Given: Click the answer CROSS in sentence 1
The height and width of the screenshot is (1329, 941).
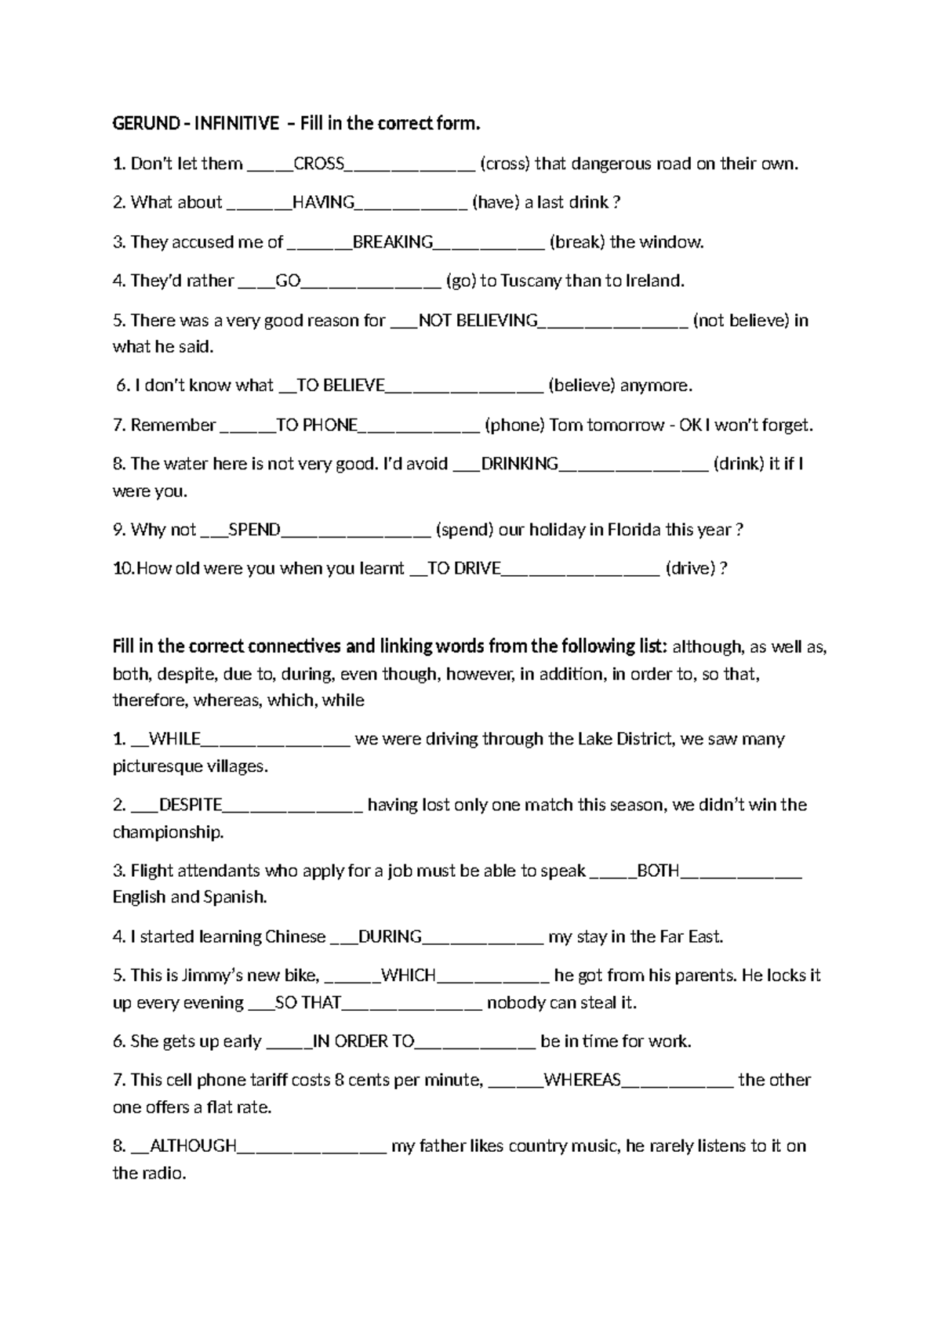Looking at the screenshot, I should tap(318, 164).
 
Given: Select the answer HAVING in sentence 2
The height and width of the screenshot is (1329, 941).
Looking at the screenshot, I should tap(323, 202).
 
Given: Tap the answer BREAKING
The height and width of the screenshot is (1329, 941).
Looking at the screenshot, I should tap(393, 242).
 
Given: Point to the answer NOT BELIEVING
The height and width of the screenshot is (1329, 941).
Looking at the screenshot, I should tap(478, 320).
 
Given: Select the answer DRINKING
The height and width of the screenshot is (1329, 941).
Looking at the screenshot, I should tap(519, 464).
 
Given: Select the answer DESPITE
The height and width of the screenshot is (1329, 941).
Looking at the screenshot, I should tap(190, 805).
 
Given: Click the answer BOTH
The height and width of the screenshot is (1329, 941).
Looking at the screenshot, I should tap(658, 871).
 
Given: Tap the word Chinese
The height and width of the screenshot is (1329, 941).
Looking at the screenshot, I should tap(295, 936).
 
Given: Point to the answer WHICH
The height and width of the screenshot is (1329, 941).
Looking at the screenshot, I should tap(408, 976).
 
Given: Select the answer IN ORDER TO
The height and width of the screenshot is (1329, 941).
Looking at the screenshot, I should tap(363, 1041).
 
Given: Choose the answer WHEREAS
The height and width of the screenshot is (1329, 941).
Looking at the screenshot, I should tap(582, 1080).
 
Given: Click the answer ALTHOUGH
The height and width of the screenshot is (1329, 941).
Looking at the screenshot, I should tap(192, 1146).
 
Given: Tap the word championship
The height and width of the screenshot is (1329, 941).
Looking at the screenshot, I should tap(168, 832).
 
